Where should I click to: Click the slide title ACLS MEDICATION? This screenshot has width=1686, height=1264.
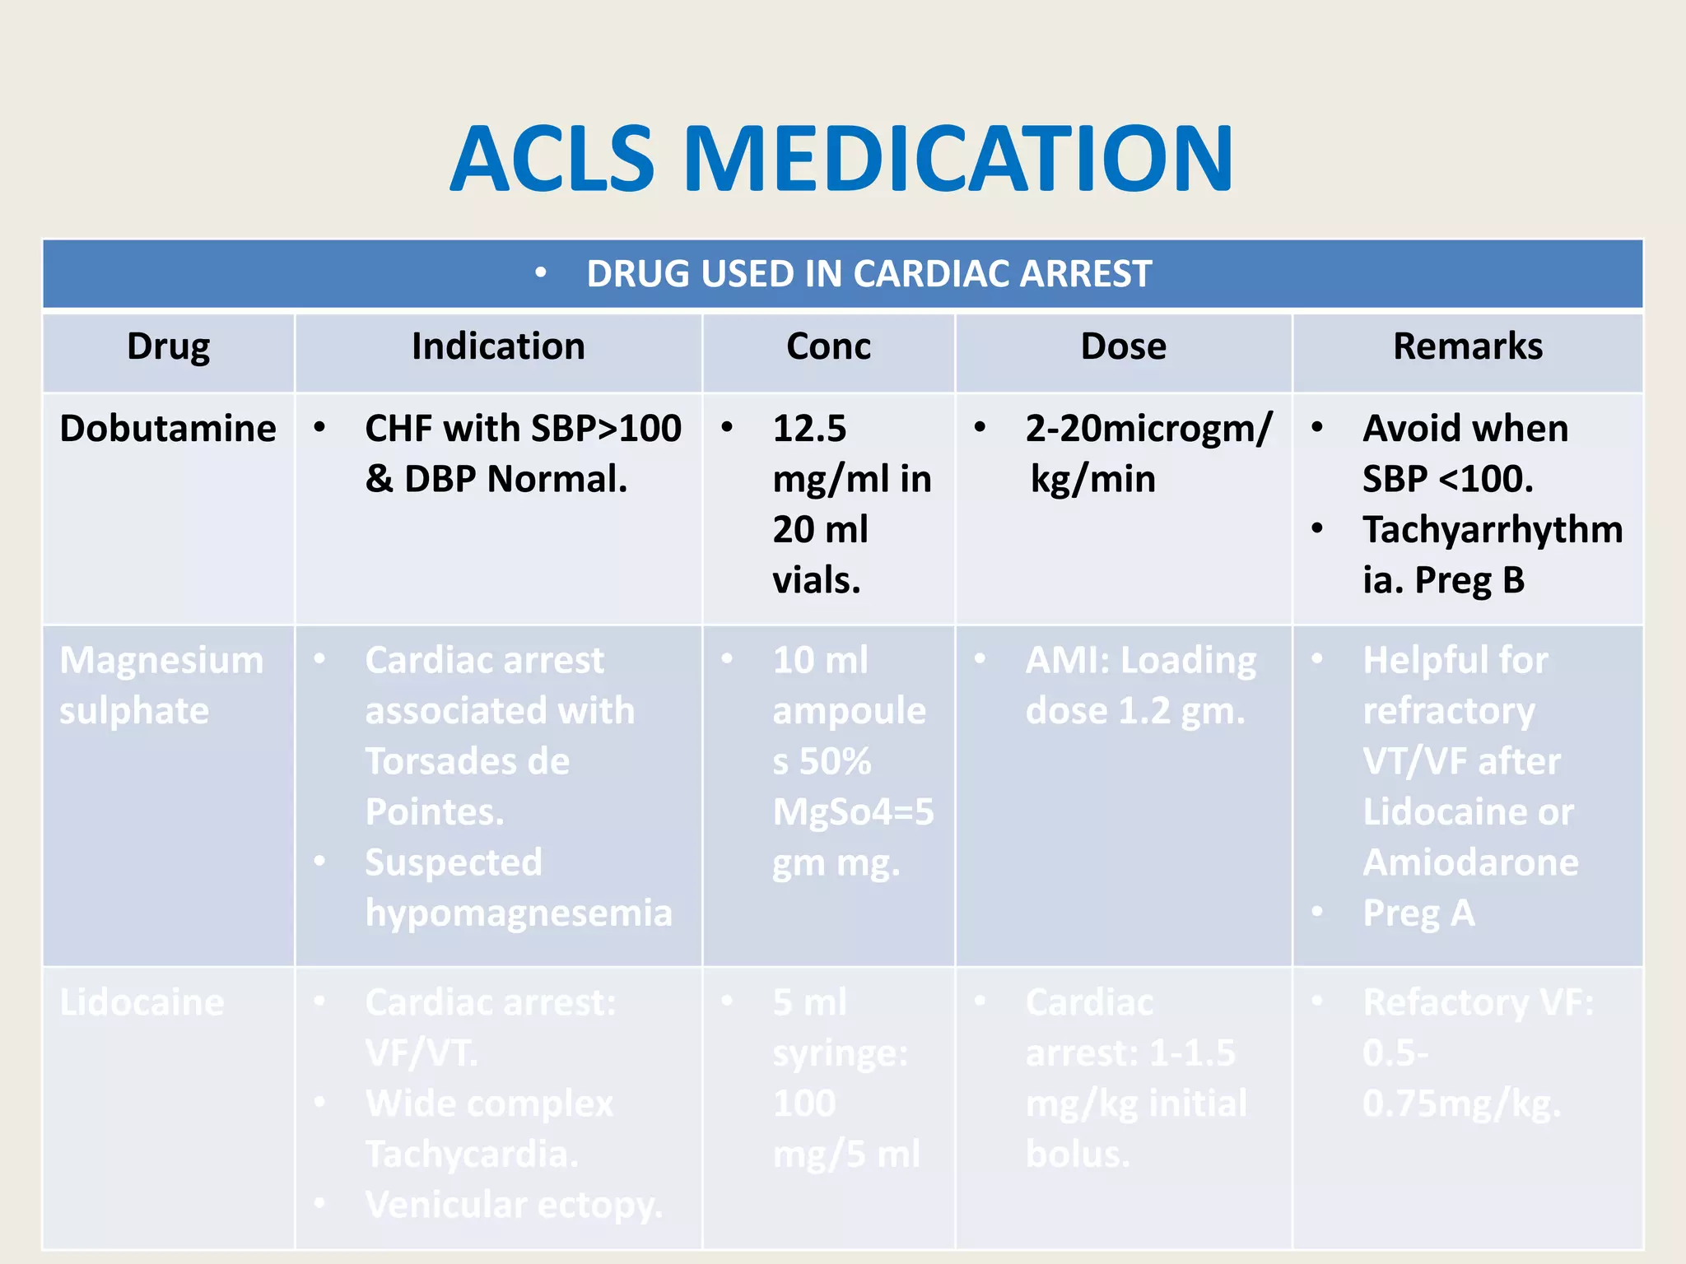[x=841, y=159]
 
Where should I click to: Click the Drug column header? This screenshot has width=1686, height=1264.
[x=168, y=346]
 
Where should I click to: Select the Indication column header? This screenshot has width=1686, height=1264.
[x=498, y=346]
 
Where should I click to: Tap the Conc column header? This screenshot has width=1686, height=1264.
[x=828, y=346]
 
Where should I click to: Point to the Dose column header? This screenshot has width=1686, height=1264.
[x=1123, y=346]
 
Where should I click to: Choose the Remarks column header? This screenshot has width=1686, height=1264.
[x=1467, y=346]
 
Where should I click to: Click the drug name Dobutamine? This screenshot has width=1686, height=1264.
[x=168, y=429]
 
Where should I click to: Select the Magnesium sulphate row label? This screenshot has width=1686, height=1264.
[x=161, y=685]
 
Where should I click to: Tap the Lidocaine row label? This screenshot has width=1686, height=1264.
[x=142, y=1002]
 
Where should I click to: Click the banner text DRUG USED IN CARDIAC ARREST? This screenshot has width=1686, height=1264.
[x=868, y=274]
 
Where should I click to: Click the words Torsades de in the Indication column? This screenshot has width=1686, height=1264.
[x=467, y=761]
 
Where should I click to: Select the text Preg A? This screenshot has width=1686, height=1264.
[x=1418, y=913]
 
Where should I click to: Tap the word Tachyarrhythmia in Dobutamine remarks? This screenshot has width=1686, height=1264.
[x=1492, y=530]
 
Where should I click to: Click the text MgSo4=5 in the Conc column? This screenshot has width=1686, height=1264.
[x=853, y=812]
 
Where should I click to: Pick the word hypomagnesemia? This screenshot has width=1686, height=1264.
[x=519, y=913]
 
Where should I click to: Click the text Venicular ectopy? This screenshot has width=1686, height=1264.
[x=514, y=1205]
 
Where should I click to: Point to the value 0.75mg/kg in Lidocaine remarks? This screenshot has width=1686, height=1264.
[x=1460, y=1104]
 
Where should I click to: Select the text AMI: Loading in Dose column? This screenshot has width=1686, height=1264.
[x=1140, y=660]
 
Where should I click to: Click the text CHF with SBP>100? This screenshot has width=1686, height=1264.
[x=523, y=429]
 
